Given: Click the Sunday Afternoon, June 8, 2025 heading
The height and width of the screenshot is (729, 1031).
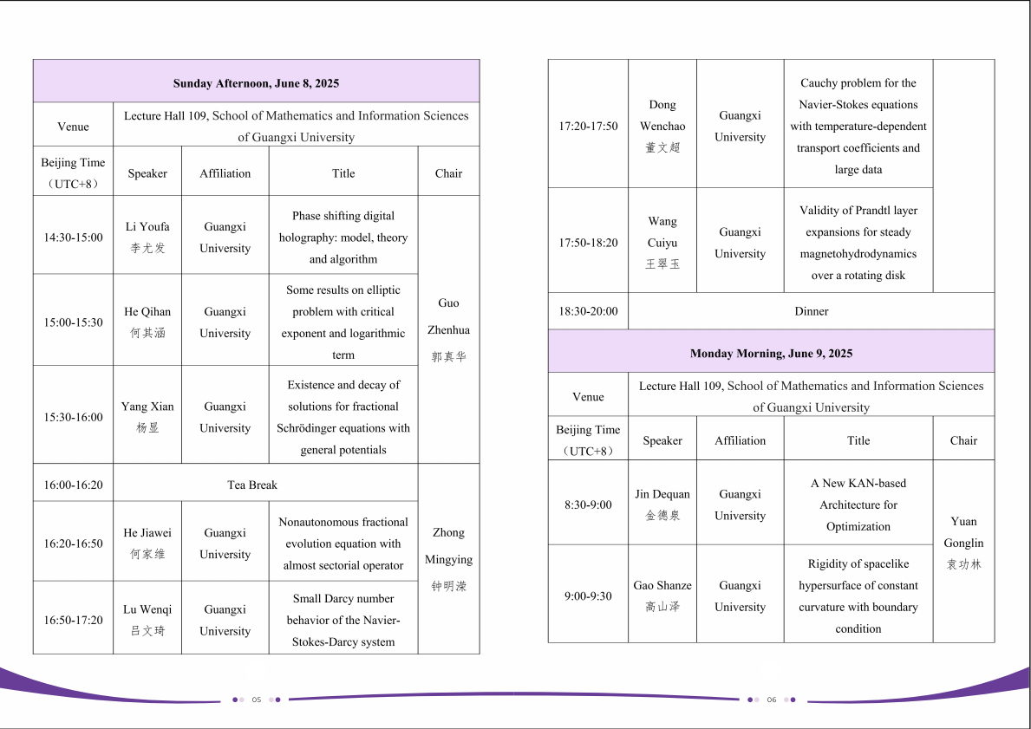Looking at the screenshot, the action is tap(256, 83).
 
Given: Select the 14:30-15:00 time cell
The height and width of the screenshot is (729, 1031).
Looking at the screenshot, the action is tap(73, 238).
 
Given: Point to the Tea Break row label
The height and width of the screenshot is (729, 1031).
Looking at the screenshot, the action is tap(251, 485).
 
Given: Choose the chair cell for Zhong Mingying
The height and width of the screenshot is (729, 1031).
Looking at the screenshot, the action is tap(448, 559).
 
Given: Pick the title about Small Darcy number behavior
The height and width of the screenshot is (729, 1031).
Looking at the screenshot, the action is tap(343, 620).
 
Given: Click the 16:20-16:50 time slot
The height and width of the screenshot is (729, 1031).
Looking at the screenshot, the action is tap(73, 543).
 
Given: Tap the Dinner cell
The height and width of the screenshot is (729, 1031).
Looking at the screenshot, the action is tap(811, 311).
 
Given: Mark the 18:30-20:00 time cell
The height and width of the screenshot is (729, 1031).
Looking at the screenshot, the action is tap(588, 311).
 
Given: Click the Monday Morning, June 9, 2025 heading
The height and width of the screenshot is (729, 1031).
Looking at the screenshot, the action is tap(771, 354).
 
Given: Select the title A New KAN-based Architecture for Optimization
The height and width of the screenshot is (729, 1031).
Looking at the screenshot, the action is tap(858, 504).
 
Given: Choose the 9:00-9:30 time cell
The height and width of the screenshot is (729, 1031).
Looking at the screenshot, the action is tap(588, 596).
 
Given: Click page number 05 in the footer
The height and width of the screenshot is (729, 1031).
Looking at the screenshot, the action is tap(257, 700).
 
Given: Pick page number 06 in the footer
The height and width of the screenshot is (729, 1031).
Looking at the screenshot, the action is tap(771, 700).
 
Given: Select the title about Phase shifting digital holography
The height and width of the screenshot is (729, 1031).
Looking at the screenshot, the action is tap(343, 238).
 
